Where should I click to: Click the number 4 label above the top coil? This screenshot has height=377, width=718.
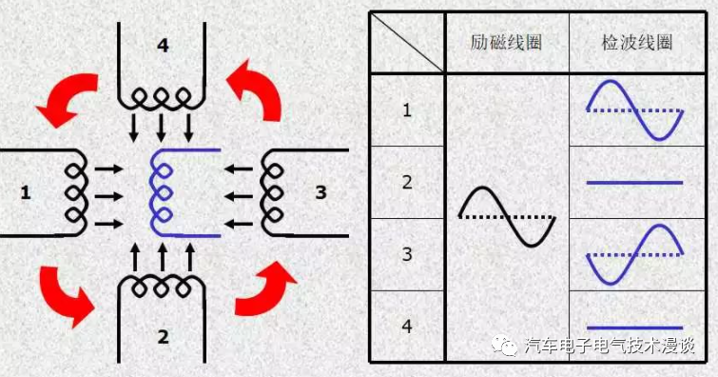[164, 46]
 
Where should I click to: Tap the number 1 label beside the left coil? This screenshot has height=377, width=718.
[26, 194]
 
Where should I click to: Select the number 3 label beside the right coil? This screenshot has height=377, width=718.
[320, 193]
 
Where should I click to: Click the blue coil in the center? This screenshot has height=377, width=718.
[162, 191]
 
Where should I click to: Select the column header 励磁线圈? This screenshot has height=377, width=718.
[507, 43]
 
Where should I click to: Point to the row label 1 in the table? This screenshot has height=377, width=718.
[407, 110]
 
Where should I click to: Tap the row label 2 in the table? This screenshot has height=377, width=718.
[407, 183]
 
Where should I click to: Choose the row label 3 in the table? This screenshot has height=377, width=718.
[407, 255]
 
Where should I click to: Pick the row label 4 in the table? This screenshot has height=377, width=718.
[407, 327]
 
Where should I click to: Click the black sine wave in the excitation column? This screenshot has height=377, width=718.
[507, 217]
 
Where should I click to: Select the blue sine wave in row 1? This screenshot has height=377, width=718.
[634, 110]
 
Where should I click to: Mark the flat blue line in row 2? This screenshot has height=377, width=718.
[634, 182]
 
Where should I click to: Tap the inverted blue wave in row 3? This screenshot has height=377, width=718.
[634, 255]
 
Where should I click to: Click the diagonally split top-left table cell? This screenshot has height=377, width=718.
[407, 43]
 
